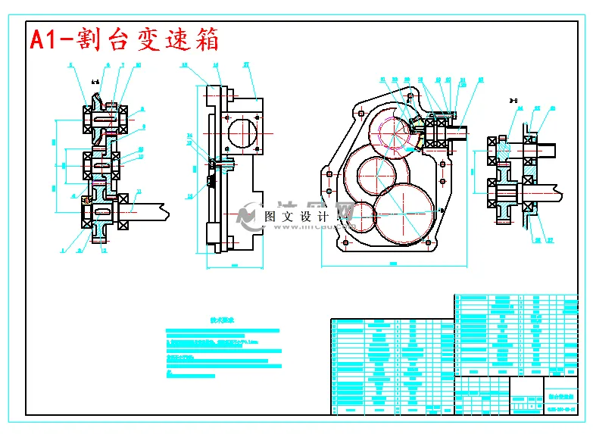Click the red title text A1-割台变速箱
pos(124,39)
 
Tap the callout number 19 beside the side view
pos(189,195)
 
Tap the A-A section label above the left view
pos(95,79)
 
